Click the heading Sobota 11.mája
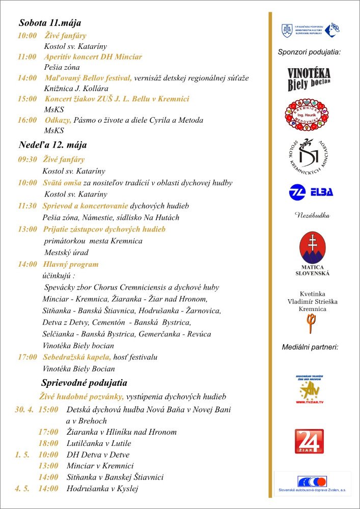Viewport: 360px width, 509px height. [x=50, y=23]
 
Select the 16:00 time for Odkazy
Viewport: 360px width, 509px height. [x=27, y=120]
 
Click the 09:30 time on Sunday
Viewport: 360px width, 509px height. [x=27, y=159]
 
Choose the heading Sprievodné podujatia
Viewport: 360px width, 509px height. [x=84, y=383]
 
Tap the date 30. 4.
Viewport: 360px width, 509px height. [x=24, y=409]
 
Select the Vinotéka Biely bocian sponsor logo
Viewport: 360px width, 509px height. [x=309, y=79]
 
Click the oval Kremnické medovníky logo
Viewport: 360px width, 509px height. [x=307, y=115]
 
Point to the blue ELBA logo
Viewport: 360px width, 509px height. [x=311, y=192]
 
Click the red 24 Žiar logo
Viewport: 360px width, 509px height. [x=309, y=441]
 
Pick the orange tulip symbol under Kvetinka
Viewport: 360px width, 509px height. [x=309, y=323]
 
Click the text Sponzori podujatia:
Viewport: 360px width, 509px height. [x=309, y=52]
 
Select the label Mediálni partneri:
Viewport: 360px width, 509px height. [x=310, y=347]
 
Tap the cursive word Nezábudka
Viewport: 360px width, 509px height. [x=313, y=216]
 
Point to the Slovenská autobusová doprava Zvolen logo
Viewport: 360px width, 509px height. [x=312, y=484]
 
